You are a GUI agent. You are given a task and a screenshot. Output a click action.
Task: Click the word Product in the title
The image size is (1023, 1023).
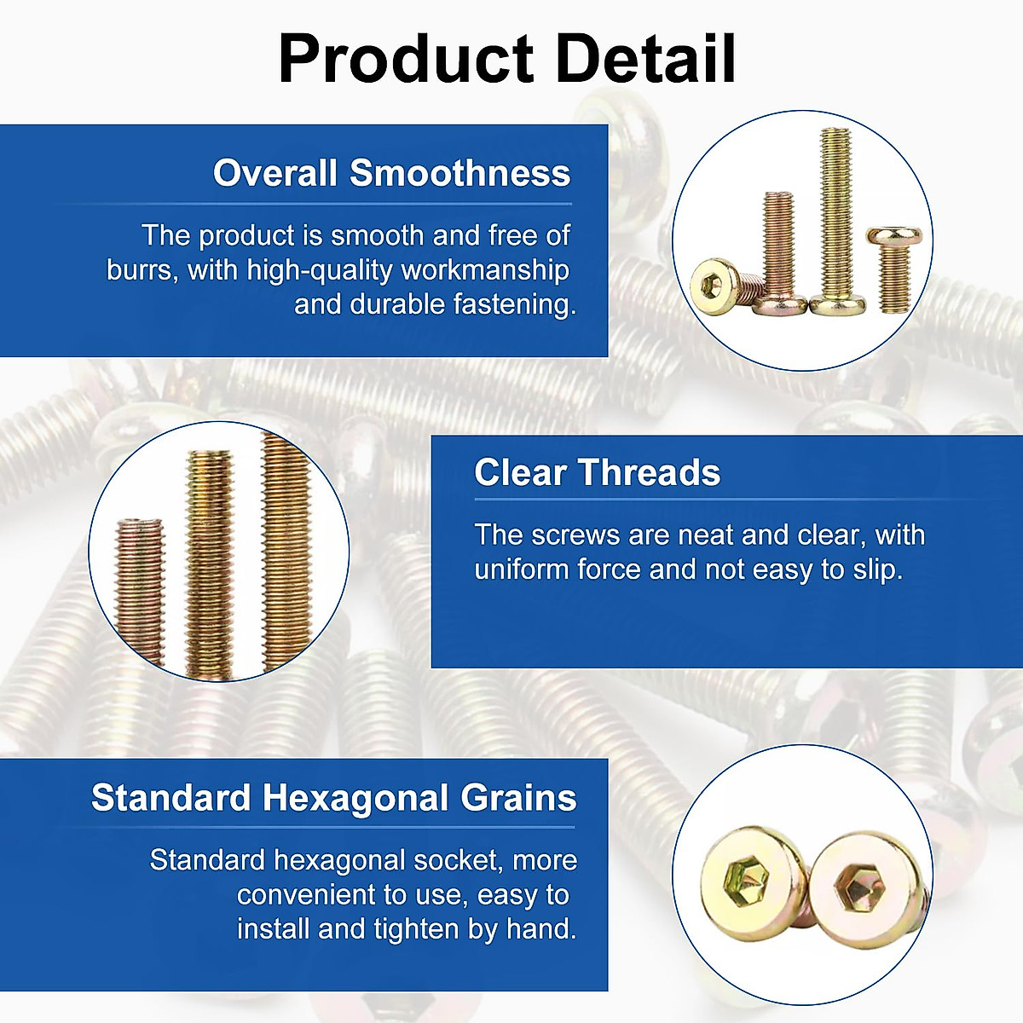pyautogui.click(x=406, y=58)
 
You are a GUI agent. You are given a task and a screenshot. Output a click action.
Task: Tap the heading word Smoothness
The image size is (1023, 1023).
pyautogui.click(x=459, y=173)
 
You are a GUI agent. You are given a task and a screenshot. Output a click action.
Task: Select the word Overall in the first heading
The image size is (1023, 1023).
pyautogui.click(x=275, y=173)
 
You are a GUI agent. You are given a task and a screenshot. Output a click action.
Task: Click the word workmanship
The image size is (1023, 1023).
pyautogui.click(x=485, y=269)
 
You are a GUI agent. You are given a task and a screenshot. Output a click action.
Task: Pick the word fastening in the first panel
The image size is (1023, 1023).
pyautogui.click(x=515, y=304)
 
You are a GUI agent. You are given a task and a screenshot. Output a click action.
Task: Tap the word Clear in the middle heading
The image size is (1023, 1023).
pyautogui.click(x=520, y=472)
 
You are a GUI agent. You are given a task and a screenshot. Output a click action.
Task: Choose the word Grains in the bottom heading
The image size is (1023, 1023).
pyautogui.click(x=518, y=798)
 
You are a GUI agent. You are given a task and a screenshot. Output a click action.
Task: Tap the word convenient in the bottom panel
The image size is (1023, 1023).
pyautogui.click(x=305, y=894)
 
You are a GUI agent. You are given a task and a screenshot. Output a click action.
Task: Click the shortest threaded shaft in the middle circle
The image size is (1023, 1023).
pyautogui.click(x=140, y=590)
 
